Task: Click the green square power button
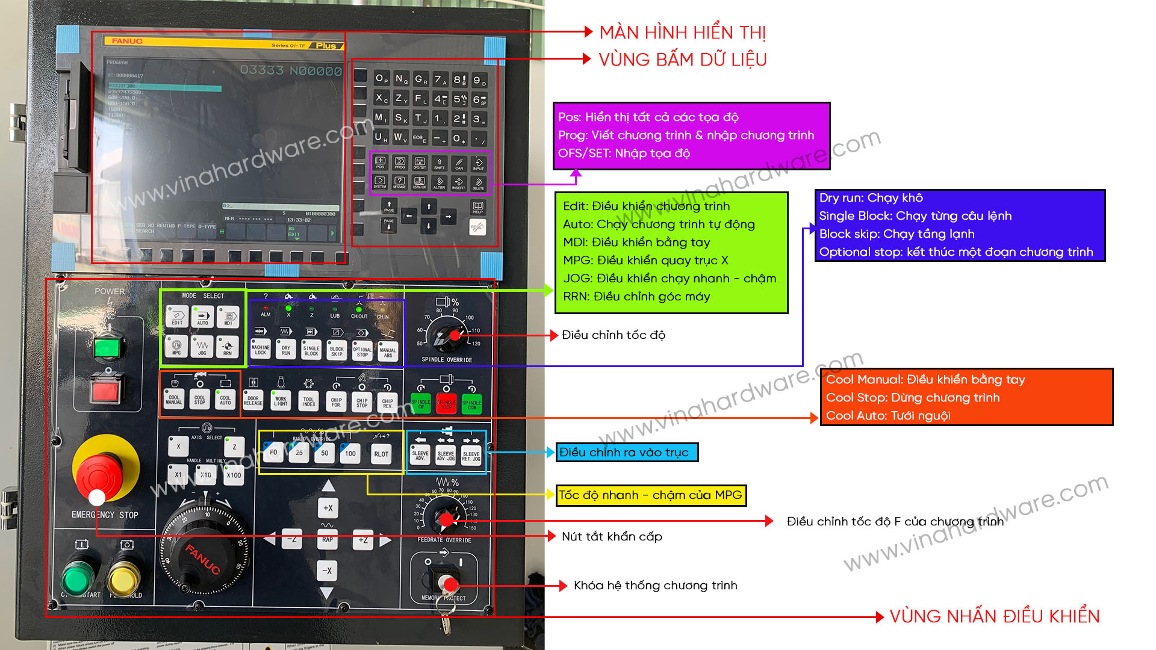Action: pos(109,347)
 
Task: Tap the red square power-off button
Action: pos(106,391)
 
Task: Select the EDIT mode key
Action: pos(177,317)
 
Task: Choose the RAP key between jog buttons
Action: pos(327,539)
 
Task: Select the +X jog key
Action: pos(328,508)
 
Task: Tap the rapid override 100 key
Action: pos(350,453)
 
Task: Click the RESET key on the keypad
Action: pos(477,227)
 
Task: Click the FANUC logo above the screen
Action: pos(127,41)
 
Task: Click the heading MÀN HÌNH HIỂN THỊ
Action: pos(682,32)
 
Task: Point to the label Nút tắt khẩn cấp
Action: pos(612,536)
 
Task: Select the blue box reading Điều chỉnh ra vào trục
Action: pos(627,452)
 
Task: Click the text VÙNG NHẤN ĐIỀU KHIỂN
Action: pos(994,616)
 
